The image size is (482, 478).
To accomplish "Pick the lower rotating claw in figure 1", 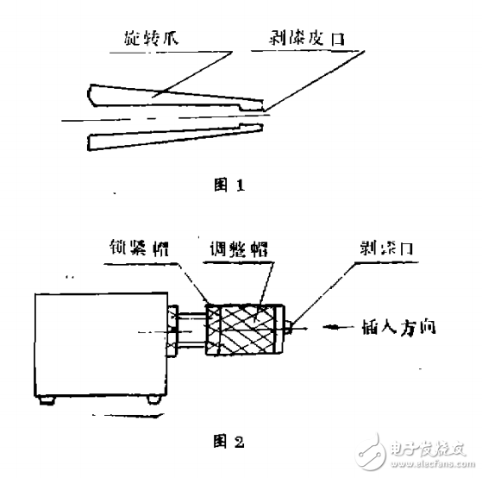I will pos(172,138).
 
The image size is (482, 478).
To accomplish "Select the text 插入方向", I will pos(406,329).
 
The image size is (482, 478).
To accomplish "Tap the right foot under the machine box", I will pos(154,399).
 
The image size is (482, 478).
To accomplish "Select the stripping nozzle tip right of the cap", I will pos(291,329).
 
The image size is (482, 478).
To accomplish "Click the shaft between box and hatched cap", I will pos(189,330).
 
